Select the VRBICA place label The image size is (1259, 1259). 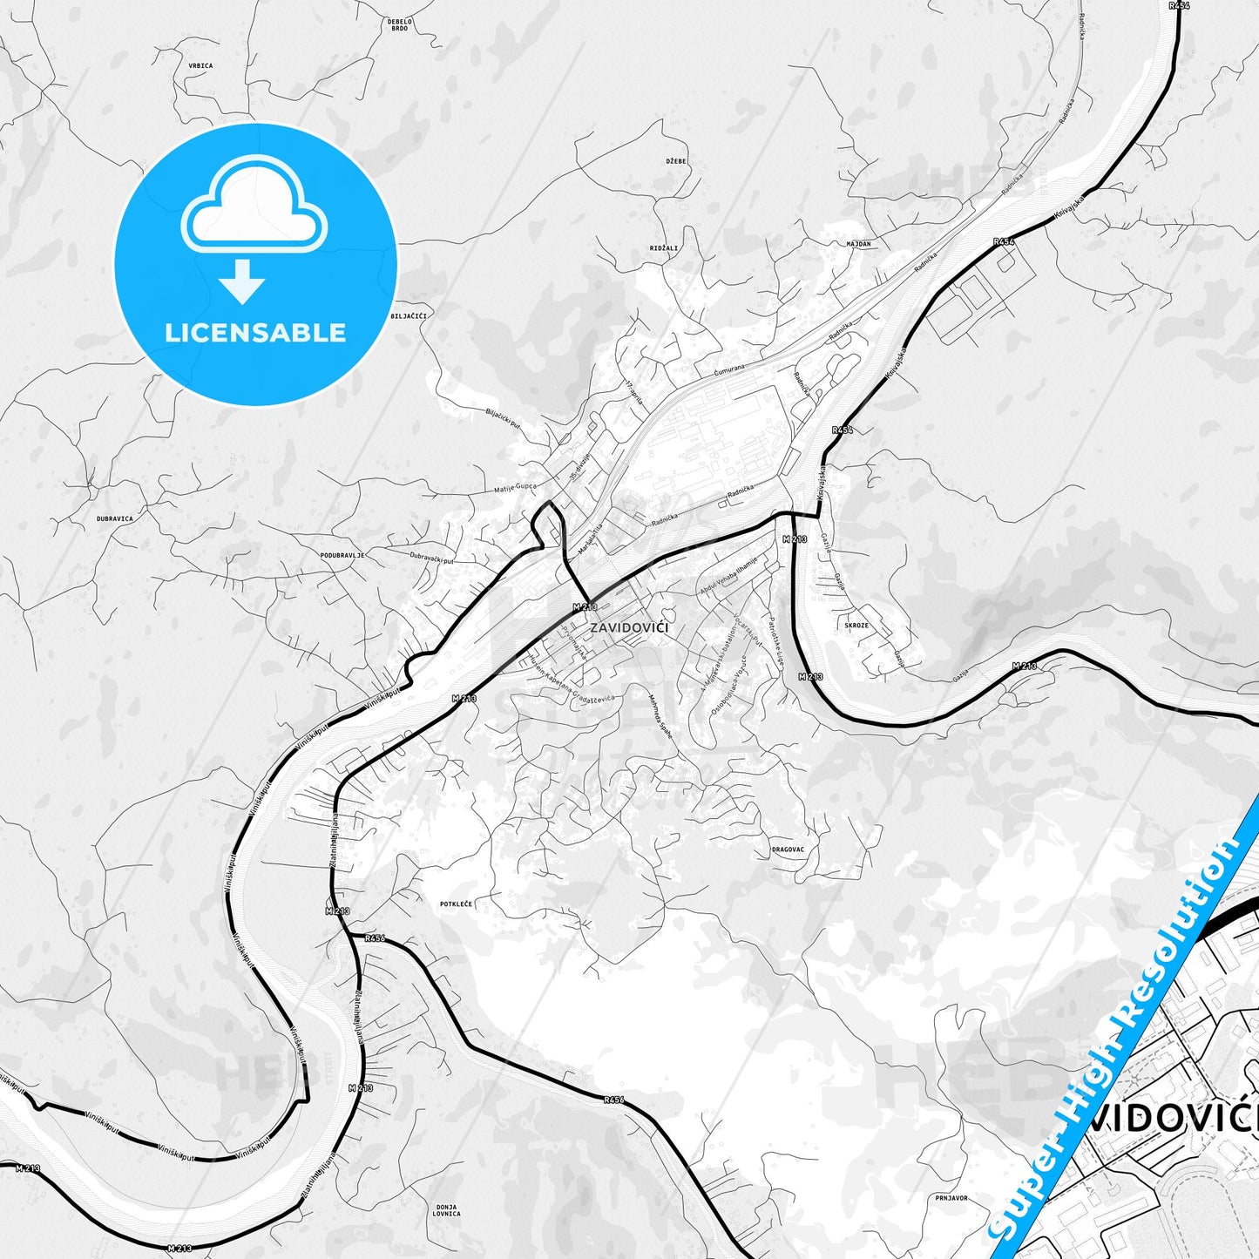click(x=200, y=65)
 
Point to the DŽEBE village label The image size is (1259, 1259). click(x=676, y=161)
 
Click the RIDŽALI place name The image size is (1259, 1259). click(x=664, y=248)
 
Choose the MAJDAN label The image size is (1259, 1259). click(x=858, y=244)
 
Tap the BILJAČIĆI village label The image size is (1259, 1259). click(x=409, y=315)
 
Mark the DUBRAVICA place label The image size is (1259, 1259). click(x=115, y=518)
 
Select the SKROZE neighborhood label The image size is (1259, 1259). click(x=856, y=626)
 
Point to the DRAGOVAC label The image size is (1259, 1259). click(x=789, y=849)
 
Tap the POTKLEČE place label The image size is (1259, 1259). click(x=456, y=904)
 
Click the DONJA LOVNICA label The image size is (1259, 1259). click(x=446, y=1209)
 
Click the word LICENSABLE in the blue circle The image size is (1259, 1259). click(x=255, y=333)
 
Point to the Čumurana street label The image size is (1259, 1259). click(x=729, y=369)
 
